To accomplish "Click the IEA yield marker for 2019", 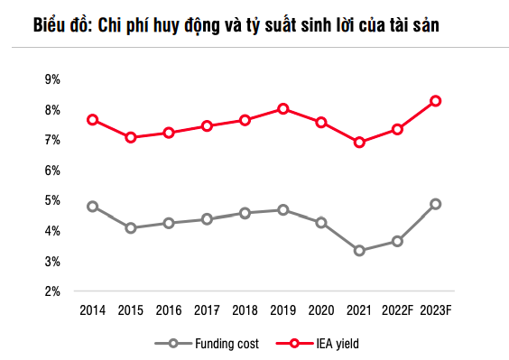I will (282, 109).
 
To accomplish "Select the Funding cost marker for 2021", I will (359, 250).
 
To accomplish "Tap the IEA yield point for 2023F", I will (435, 101).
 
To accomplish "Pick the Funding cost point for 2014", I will (92, 207).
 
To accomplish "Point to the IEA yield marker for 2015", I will (131, 137).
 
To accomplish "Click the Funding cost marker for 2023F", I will (435, 204).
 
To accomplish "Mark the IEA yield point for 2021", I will (359, 142).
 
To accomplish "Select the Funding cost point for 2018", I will (245, 213).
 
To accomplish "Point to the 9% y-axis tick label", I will (51, 79).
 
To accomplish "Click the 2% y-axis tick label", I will (51, 291).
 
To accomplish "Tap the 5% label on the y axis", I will (51, 200).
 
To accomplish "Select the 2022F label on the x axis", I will (397, 310).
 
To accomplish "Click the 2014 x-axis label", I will (92, 310).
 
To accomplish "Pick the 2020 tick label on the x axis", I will (320, 310).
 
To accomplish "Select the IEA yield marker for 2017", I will (207, 126).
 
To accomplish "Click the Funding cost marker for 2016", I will (169, 223).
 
